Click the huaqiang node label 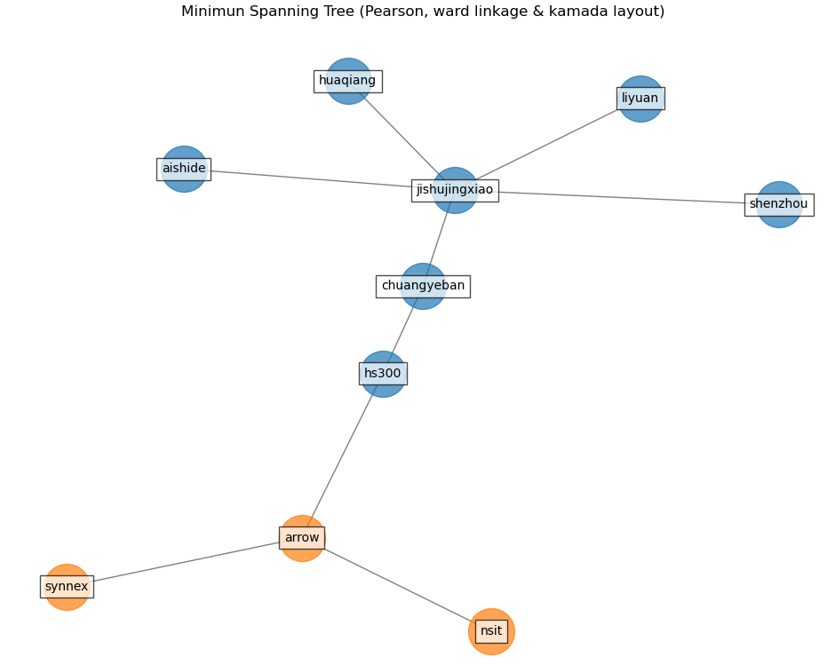click(x=347, y=81)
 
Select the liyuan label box click(x=640, y=99)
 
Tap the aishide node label click(x=184, y=169)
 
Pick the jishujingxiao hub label click(x=454, y=190)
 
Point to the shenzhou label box click(x=778, y=204)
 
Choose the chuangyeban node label click(x=423, y=286)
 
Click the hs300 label click(x=383, y=374)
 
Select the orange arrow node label click(x=302, y=538)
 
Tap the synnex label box click(x=67, y=587)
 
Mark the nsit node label click(x=491, y=631)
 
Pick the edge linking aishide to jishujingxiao click(x=311, y=178)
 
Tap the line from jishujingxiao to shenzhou click(x=622, y=197)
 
